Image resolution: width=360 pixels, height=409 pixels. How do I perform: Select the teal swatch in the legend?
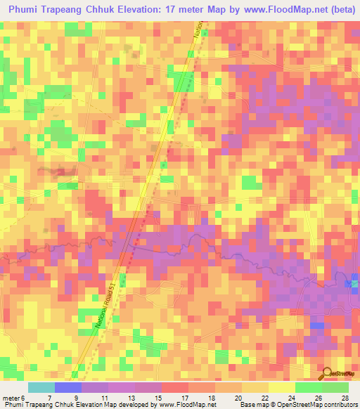[41, 387]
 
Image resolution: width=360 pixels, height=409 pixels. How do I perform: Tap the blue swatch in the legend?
[68, 387]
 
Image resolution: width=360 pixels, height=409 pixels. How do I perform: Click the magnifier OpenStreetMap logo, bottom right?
[336, 375]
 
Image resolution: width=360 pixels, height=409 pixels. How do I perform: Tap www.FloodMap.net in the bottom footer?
[185, 404]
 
